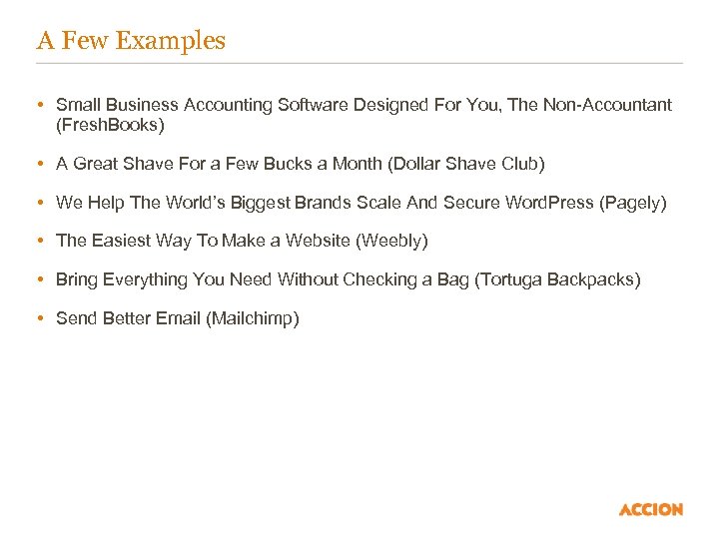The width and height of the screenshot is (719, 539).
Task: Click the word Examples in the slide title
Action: pyautogui.click(x=171, y=41)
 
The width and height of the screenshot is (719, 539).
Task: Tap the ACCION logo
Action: pyautogui.click(x=651, y=509)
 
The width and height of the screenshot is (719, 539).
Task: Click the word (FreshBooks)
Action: pyautogui.click(x=110, y=126)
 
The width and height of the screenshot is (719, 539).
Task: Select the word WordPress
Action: pyautogui.click(x=548, y=203)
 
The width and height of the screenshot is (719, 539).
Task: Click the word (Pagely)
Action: pyautogui.click(x=632, y=203)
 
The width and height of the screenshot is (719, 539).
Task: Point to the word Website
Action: pyautogui.click(x=319, y=242)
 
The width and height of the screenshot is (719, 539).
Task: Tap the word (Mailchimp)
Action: pyautogui.click(x=252, y=319)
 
